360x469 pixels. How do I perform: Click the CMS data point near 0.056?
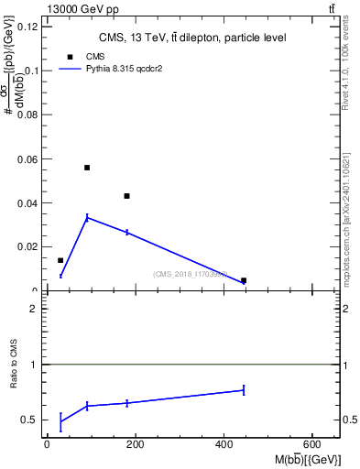[87, 168]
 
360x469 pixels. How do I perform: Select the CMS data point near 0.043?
[127, 196]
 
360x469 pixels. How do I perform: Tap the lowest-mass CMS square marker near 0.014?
[60, 260]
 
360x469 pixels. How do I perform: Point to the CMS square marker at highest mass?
[244, 280]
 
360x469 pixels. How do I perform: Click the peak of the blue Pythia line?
[87, 217]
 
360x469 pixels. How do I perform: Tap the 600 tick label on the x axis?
[312, 444]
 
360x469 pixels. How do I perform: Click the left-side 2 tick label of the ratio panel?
[32, 309]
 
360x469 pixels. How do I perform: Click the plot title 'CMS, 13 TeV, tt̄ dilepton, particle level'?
[192, 38]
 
